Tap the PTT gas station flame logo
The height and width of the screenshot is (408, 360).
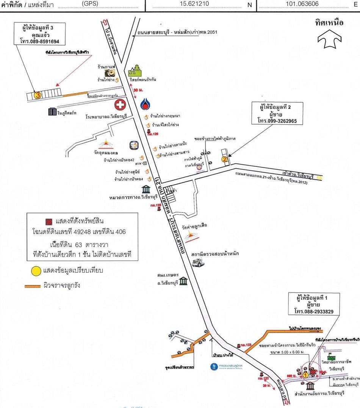point(145,104)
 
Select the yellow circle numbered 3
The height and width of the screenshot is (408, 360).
point(38,95)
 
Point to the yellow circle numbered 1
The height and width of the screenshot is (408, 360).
point(305,375)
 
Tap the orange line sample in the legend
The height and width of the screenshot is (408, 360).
point(35,286)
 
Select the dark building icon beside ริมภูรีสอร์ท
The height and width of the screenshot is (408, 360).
point(52,112)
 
